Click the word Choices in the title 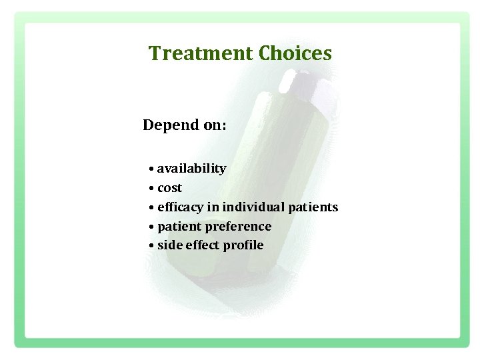(x=295, y=53)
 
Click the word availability (x=191, y=169)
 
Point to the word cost (x=169, y=188)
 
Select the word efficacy (x=181, y=207)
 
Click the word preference (x=238, y=227)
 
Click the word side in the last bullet (x=170, y=245)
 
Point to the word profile (x=243, y=245)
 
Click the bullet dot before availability (x=152, y=169)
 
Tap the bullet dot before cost (x=152, y=189)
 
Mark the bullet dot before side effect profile (x=152, y=246)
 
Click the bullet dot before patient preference (x=152, y=227)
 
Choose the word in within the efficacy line (x=212, y=207)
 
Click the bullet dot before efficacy (x=152, y=208)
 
